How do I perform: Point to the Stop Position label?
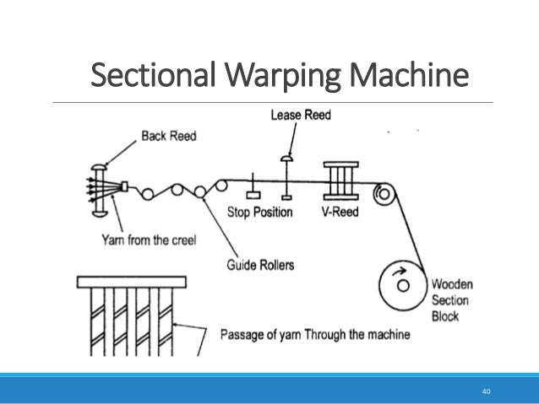(x=259, y=211)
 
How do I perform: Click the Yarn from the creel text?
(x=150, y=240)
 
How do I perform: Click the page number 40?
(x=486, y=391)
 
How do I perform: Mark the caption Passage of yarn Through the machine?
(x=314, y=334)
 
